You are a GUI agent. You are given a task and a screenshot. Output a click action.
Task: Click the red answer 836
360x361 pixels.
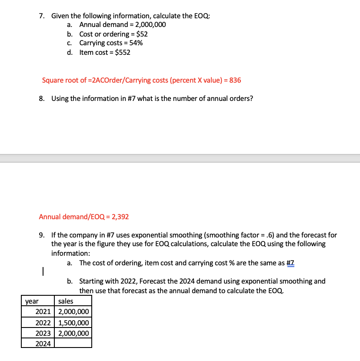235,80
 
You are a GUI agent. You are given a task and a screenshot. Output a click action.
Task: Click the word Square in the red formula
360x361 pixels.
52,80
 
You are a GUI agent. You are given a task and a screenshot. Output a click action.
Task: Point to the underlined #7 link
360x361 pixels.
290,263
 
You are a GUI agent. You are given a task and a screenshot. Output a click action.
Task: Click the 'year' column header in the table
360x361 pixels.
31,301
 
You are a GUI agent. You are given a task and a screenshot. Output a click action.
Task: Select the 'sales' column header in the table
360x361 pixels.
66,301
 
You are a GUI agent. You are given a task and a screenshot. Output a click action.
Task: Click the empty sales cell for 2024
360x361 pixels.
73,343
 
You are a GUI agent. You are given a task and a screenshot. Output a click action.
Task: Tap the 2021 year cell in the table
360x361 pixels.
43,312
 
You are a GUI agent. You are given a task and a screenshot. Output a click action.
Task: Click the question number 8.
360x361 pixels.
41,98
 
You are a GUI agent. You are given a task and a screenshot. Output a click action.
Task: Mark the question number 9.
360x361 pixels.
41,235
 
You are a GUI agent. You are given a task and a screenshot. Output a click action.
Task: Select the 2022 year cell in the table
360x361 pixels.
43,323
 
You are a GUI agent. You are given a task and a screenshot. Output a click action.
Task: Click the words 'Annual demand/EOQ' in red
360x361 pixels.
72,217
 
